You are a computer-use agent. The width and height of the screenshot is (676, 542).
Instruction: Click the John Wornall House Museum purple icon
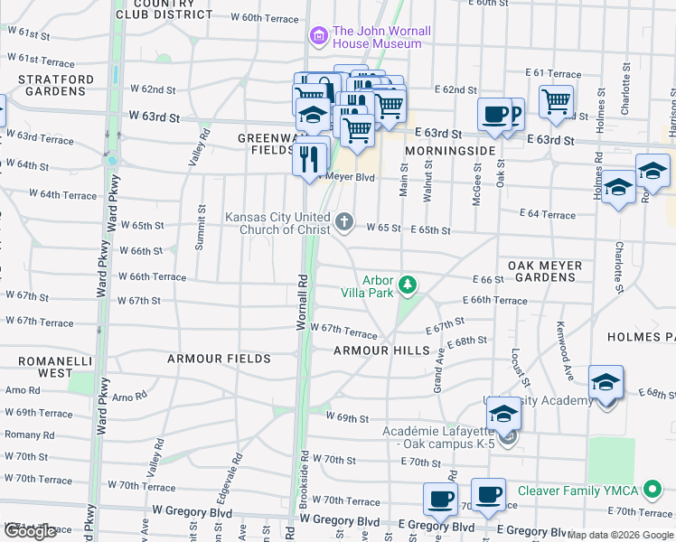click(x=317, y=37)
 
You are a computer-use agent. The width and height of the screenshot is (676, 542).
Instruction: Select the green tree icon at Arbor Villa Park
click(x=408, y=285)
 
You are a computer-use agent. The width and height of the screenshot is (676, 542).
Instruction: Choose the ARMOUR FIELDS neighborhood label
click(x=219, y=359)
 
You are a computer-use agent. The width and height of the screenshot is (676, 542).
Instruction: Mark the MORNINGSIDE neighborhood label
click(x=450, y=150)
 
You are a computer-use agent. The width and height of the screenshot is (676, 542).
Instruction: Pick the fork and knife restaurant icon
click(x=310, y=159)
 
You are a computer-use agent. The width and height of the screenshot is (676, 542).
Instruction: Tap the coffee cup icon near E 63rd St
click(x=493, y=114)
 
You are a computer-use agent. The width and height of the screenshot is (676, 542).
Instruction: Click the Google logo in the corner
click(x=30, y=531)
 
